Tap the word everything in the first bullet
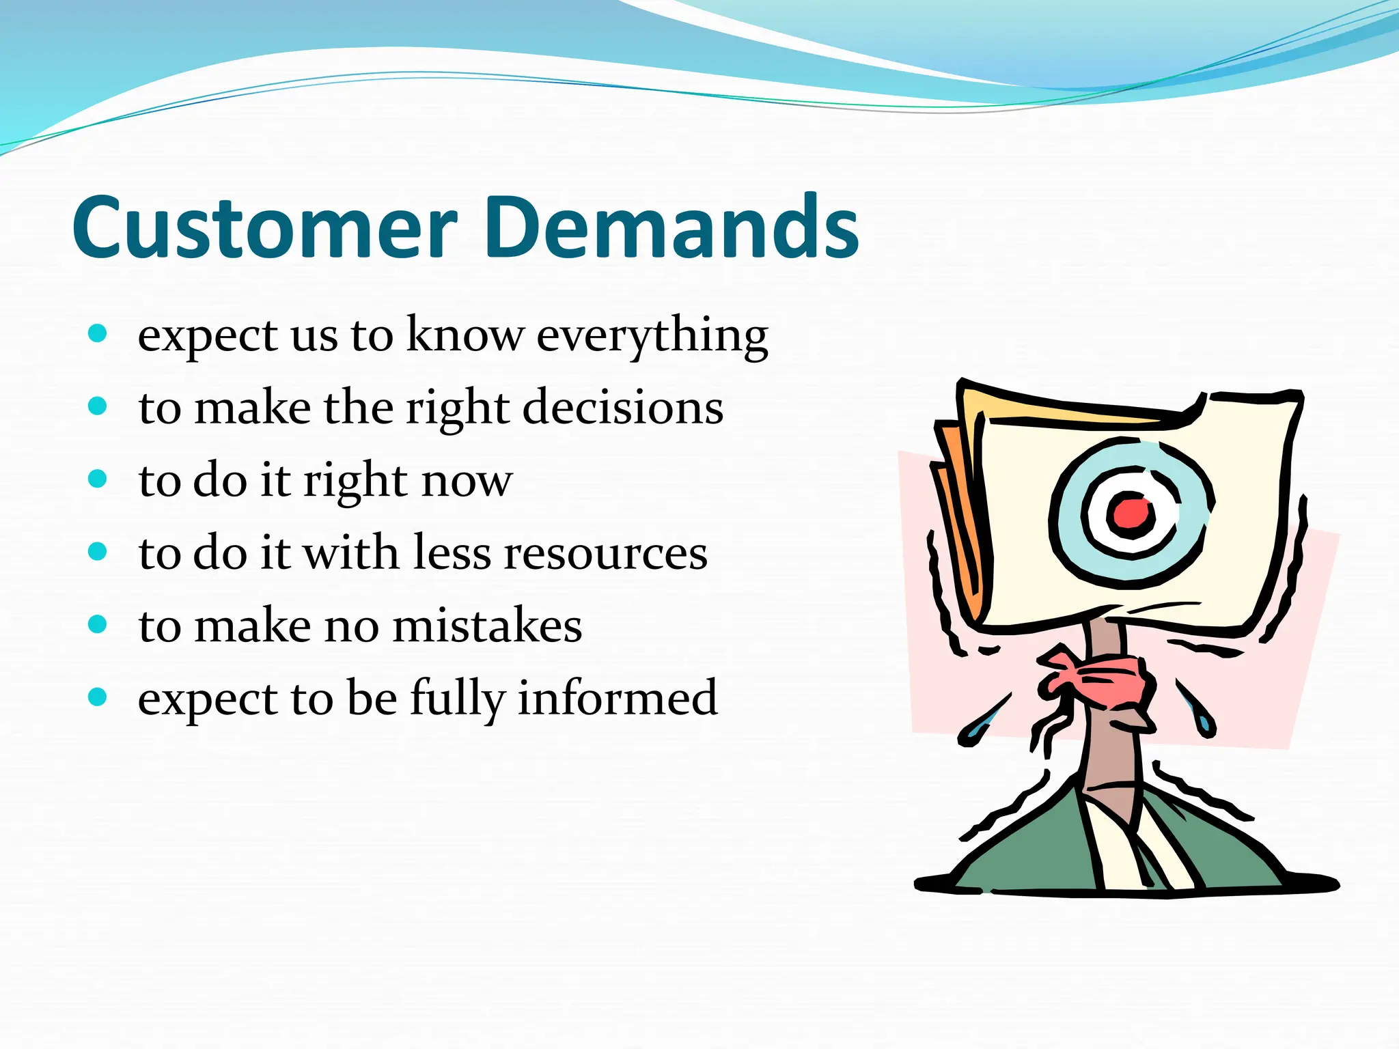tap(652, 336)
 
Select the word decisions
tap(622, 408)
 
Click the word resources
tap(605, 553)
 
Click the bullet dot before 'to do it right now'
tap(98, 478)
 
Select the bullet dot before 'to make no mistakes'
tap(98, 624)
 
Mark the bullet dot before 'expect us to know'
tap(98, 333)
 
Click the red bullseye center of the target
tap(1128, 513)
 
